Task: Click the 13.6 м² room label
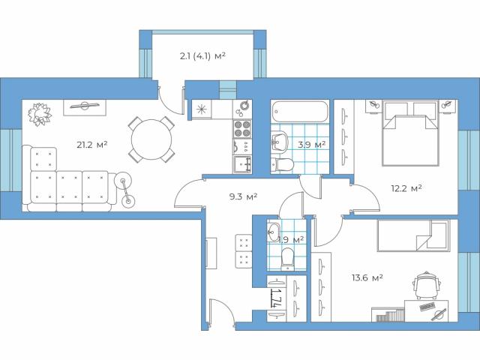click(367, 277)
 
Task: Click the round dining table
click(151, 140)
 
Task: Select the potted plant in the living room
click(38, 114)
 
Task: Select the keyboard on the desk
click(430, 307)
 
